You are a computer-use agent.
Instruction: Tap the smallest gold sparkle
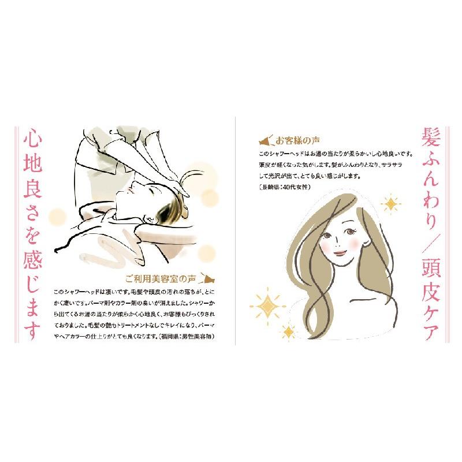click(x=288, y=331)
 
